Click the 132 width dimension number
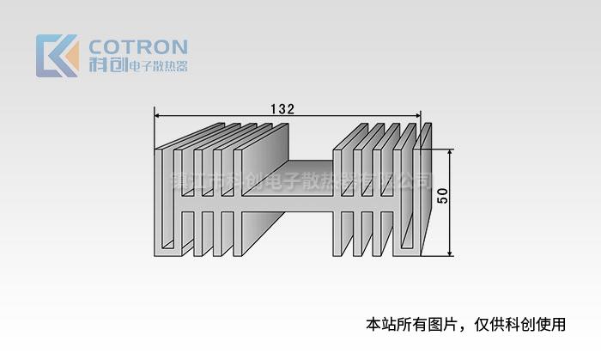click(x=282, y=108)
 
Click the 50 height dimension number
click(x=442, y=195)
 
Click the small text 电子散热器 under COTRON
click(x=157, y=66)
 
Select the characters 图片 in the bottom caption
click(x=437, y=325)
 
